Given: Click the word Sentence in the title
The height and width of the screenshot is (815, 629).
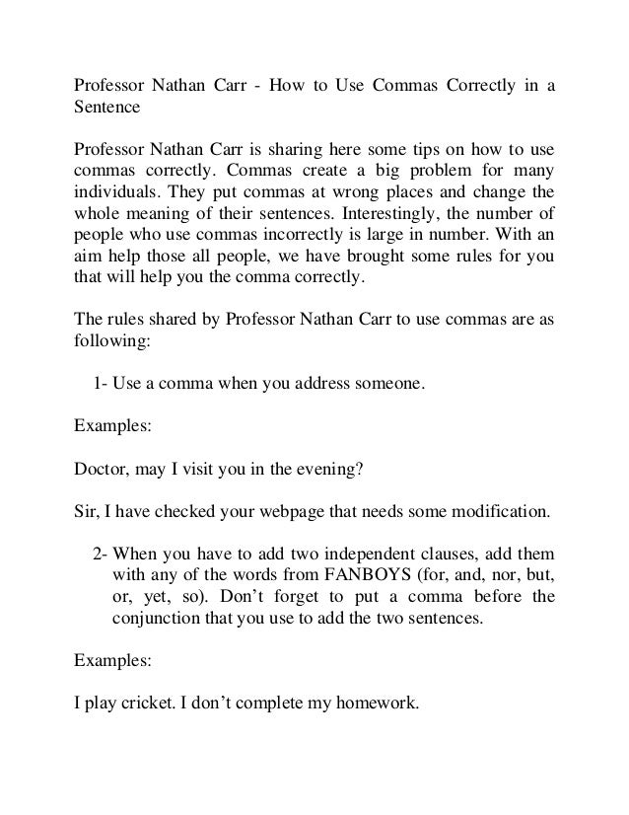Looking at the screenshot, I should (x=110, y=108).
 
